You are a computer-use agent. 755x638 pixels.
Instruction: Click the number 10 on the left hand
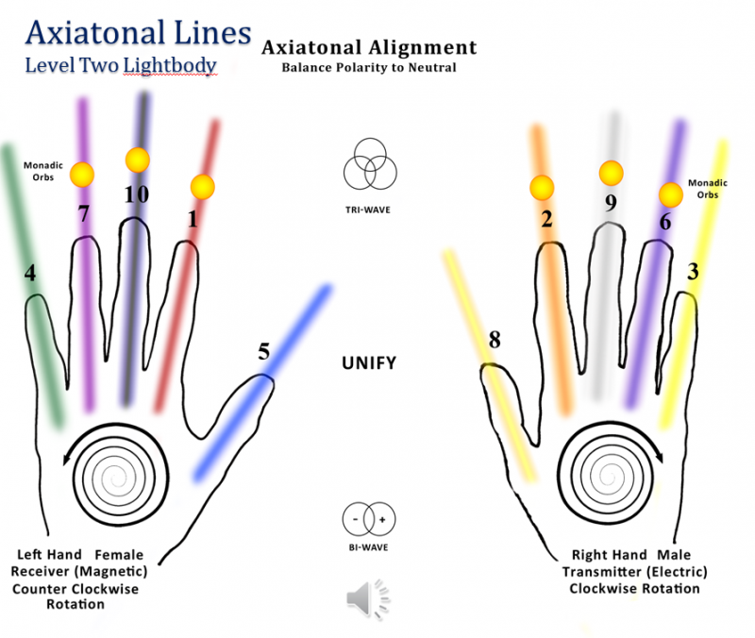tap(137, 195)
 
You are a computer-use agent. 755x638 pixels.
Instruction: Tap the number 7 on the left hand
tap(83, 214)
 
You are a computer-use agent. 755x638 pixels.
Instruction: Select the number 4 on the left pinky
tap(30, 274)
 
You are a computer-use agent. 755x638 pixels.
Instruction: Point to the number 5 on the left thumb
tap(264, 351)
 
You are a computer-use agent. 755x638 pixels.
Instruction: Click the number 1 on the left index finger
tap(193, 220)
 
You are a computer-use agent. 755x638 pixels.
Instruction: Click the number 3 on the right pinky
tap(693, 273)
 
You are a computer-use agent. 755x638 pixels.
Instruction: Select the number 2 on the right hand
tap(546, 220)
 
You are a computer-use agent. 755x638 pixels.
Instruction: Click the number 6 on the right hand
tap(664, 222)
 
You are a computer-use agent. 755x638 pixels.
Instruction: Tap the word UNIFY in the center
tap(369, 363)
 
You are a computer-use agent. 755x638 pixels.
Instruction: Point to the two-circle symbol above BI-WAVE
tap(369, 518)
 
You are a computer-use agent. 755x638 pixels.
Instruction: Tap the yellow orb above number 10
tap(138, 159)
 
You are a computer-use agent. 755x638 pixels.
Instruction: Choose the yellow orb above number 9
tap(611, 173)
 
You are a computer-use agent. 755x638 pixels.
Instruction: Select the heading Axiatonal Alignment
tap(369, 47)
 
